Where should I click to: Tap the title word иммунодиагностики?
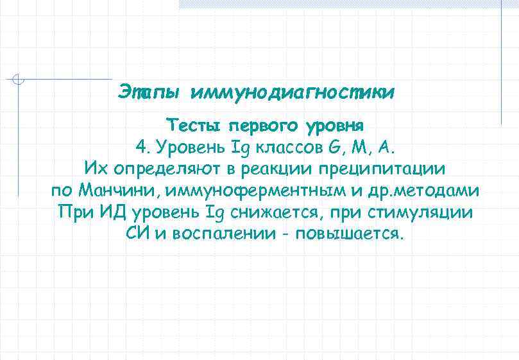(x=293, y=94)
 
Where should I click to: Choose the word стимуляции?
(x=422, y=212)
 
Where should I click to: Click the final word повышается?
(x=349, y=233)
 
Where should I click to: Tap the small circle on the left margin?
(x=19, y=80)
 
